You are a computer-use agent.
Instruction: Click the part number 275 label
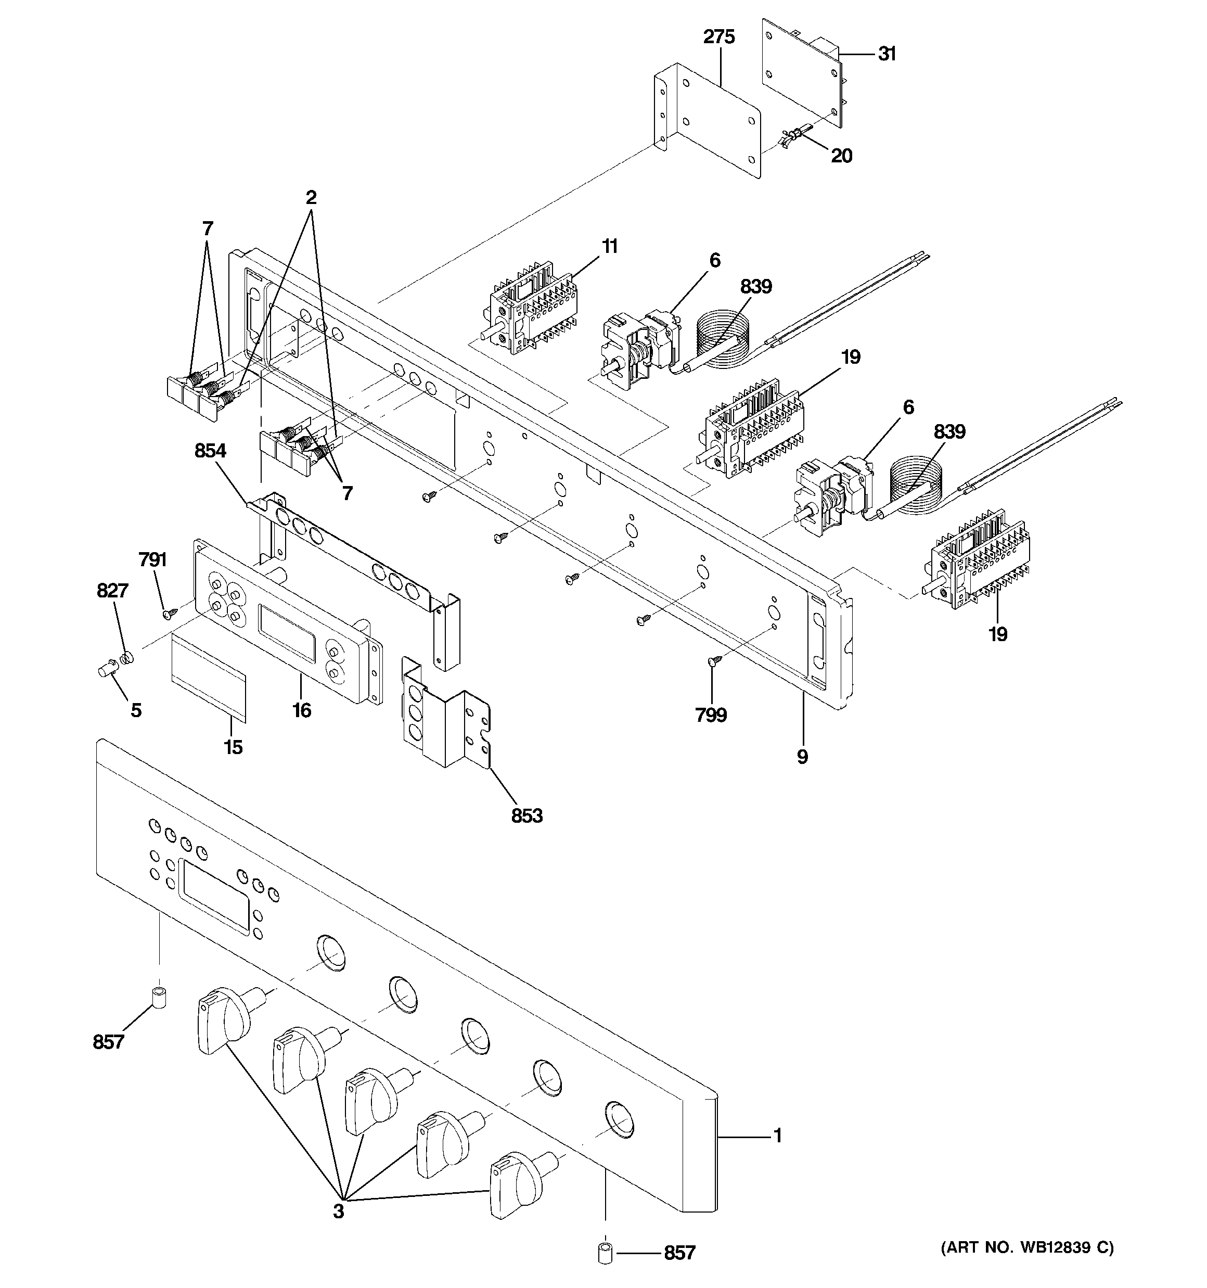(719, 37)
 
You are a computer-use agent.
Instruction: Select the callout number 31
(887, 54)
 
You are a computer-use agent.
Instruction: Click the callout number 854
(211, 450)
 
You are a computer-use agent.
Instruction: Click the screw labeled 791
(171, 611)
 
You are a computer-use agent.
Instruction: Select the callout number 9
(802, 757)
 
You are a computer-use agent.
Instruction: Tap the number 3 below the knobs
(339, 1211)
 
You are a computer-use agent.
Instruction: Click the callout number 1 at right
(777, 1136)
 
